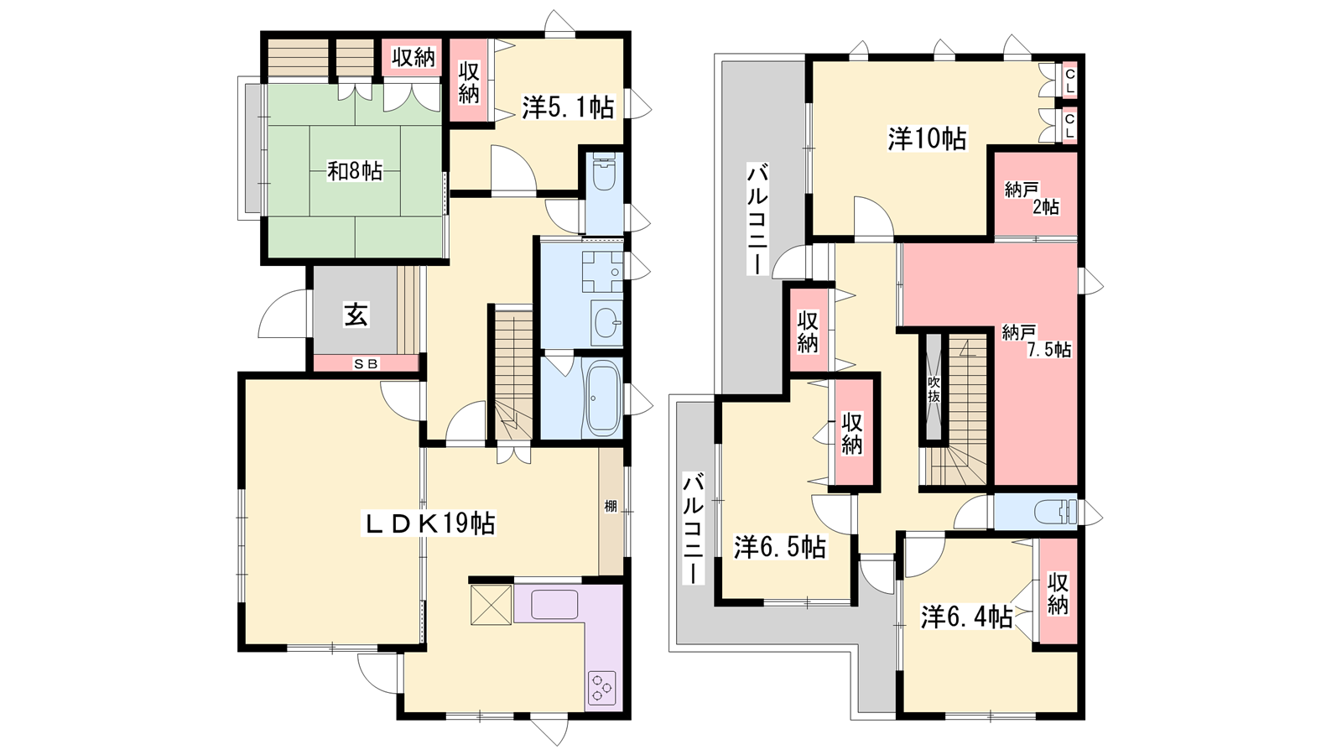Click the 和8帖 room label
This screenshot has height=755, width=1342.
(355, 172)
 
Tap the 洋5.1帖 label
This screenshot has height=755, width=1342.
(567, 108)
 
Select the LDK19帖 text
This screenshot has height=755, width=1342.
(431, 524)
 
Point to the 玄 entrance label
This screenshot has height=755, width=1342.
(356, 315)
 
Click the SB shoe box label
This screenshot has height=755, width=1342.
(366, 363)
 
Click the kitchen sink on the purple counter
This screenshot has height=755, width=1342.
(554, 604)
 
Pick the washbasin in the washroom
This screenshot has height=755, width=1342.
(606, 324)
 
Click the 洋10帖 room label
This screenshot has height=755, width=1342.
(926, 139)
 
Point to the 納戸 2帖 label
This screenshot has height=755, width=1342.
(1032, 198)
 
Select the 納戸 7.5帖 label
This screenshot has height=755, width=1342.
(1037, 341)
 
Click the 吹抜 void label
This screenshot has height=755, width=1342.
(934, 389)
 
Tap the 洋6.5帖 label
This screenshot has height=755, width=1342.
(780, 547)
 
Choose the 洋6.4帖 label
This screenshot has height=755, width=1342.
(967, 617)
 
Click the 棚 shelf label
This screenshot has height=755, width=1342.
(611, 507)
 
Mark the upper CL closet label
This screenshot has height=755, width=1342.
(1069, 80)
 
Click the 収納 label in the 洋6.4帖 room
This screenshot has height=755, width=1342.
(1058, 593)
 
